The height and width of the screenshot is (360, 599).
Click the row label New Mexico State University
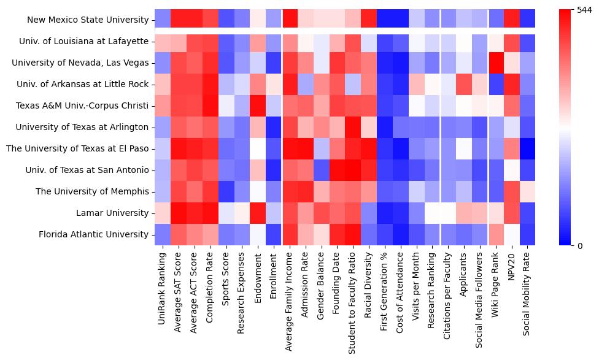coord(88,20)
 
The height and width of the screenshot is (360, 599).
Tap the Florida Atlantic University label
coord(94,235)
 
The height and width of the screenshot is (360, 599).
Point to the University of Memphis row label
coord(92,192)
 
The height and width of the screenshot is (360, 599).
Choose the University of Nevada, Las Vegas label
coord(80,63)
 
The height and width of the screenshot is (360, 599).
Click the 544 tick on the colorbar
coord(584,10)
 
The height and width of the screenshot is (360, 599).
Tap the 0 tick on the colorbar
coord(580,246)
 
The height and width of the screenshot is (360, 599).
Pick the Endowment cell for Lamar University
coord(258,213)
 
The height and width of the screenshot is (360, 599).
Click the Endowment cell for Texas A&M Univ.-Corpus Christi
coord(258,105)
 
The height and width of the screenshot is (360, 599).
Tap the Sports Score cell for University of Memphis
coord(226,191)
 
